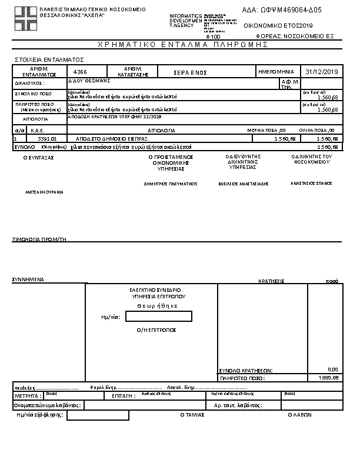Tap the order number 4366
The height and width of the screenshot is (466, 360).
click(x=80, y=72)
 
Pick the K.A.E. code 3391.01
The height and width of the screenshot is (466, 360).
click(x=46, y=138)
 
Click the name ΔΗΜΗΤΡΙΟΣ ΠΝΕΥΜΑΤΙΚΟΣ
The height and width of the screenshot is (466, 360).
click(x=171, y=184)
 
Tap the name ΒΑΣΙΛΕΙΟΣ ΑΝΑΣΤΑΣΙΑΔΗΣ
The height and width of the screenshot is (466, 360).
click(x=243, y=184)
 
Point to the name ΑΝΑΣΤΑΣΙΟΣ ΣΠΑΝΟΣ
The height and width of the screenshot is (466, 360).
click(x=311, y=183)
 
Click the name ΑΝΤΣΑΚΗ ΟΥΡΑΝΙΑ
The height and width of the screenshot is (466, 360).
click(x=44, y=192)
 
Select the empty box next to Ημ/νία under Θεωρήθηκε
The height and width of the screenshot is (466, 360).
click(x=158, y=317)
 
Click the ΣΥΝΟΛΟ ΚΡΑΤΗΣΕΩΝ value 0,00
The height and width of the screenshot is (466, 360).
click(x=332, y=370)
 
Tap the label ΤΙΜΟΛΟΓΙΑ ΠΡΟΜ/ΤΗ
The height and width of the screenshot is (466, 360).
click(x=39, y=239)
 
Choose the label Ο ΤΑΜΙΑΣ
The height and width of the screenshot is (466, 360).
click(x=192, y=415)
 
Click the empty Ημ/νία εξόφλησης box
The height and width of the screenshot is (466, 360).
click(x=98, y=415)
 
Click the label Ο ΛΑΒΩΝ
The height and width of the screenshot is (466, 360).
click(x=299, y=415)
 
